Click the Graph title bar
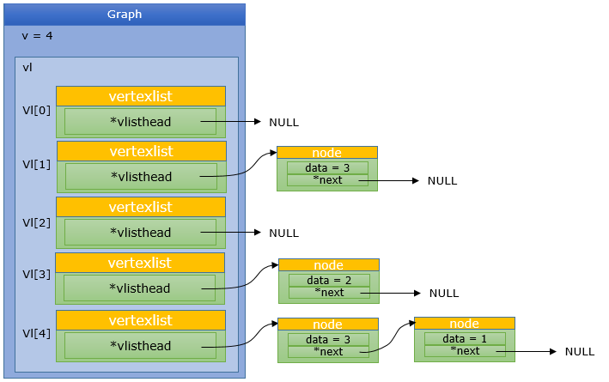pos(125,15)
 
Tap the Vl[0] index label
pos(36,110)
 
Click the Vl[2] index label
pos(36,221)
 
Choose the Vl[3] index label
pos(36,276)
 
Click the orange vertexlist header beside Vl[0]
pos(141,95)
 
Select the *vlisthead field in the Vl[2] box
pos(140,233)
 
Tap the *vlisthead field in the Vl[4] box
pos(140,346)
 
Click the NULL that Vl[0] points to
pos(283,123)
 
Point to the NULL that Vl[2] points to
pos(283,233)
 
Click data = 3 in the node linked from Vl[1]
pos(326,168)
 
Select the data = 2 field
pos(329,280)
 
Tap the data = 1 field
pos(464,339)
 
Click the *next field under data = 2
pos(329,293)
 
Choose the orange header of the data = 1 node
pos(464,324)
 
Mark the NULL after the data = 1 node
pos(579,352)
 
